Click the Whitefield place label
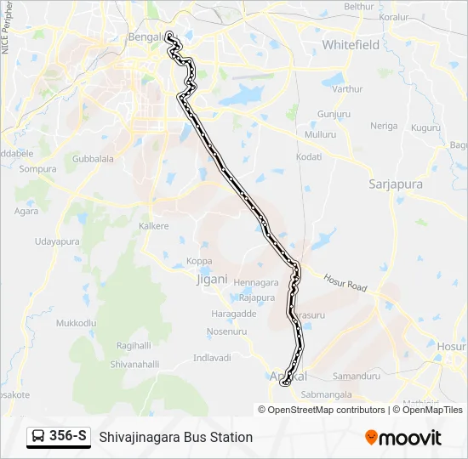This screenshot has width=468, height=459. point(351,44)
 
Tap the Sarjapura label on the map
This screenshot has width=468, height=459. point(396,183)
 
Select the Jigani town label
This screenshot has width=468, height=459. point(212,278)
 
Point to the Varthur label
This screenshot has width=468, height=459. point(347,88)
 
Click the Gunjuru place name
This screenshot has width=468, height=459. point(334,113)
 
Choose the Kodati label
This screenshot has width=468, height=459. point(308,157)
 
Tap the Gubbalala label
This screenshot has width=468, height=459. point(93,159)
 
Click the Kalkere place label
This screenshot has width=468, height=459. point(154,226)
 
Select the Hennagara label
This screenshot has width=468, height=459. point(256,282)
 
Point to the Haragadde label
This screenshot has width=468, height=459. point(233,314)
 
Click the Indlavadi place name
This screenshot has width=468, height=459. point(212,358)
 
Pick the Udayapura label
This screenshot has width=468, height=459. point(57,242)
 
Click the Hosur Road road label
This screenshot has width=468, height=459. point(345,282)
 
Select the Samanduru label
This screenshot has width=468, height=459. point(356,375)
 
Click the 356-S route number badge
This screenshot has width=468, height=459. point(68,436)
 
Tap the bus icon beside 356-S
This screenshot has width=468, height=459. point(38,437)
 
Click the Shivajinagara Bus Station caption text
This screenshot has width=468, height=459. point(176,437)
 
